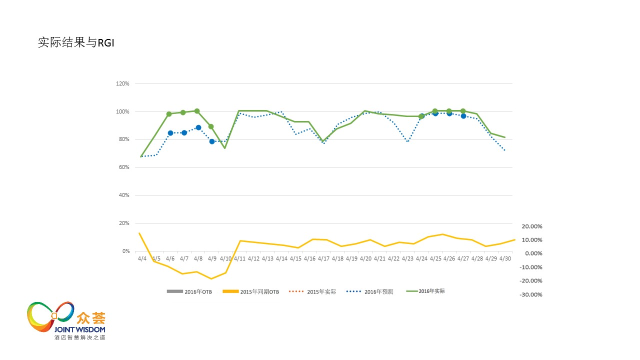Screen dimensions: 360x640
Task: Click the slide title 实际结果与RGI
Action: pyautogui.click(x=76, y=43)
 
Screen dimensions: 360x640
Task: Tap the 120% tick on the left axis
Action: pyautogui.click(x=122, y=83)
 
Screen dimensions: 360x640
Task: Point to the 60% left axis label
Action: pyautogui.click(x=123, y=167)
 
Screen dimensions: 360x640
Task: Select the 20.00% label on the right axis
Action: pyautogui.click(x=531, y=226)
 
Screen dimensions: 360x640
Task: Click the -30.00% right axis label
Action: pyautogui.click(x=531, y=294)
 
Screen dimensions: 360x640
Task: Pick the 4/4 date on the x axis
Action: pyautogui.click(x=142, y=258)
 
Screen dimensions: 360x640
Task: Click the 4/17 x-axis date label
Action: pyautogui.click(x=323, y=258)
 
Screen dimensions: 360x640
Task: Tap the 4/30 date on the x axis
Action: pyautogui.click(x=505, y=258)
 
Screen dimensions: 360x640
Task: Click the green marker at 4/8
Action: pyautogui.click(x=197, y=111)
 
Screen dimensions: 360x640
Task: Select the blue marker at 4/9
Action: pyautogui.click(x=212, y=141)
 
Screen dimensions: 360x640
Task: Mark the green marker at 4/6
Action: pyautogui.click(x=169, y=114)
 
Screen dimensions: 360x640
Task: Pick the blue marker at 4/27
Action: pyautogui.click(x=463, y=116)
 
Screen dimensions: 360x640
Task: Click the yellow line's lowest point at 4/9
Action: pyautogui.click(x=211, y=278)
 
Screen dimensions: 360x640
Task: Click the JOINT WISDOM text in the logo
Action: pyautogui.click(x=80, y=329)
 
